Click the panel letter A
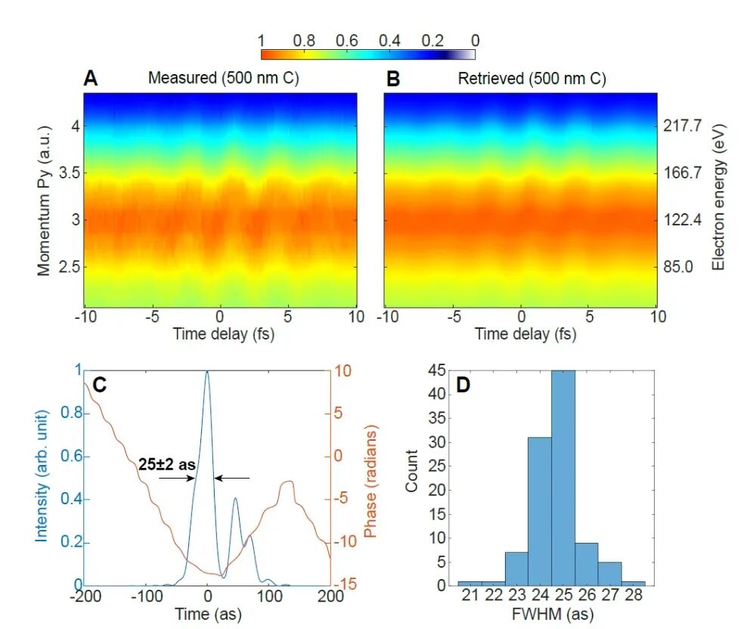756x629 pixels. [91, 78]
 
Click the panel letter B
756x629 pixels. [393, 78]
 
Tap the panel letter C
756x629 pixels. [99, 385]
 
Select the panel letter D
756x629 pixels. [463, 385]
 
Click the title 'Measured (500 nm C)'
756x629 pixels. [224, 79]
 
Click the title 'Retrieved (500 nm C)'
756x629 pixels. [532, 79]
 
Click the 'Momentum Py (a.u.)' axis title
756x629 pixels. [45, 200]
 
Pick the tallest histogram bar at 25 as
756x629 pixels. [563, 476]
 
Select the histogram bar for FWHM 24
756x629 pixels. [540, 510]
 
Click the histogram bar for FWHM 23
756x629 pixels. [516, 568]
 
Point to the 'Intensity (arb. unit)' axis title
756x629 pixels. [42, 475]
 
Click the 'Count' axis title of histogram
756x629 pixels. [412, 472]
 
